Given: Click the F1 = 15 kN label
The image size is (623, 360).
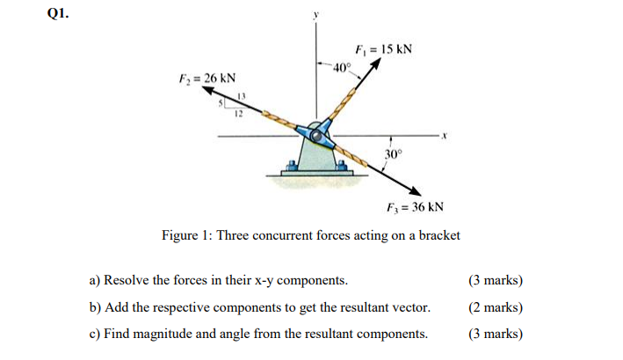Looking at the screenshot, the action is click(383, 48).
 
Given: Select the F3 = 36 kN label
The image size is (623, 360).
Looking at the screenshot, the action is click(415, 208).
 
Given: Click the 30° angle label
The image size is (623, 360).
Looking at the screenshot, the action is click(393, 154).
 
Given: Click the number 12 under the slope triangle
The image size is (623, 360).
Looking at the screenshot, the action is click(237, 113).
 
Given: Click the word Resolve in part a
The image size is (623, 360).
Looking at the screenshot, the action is click(129, 281).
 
